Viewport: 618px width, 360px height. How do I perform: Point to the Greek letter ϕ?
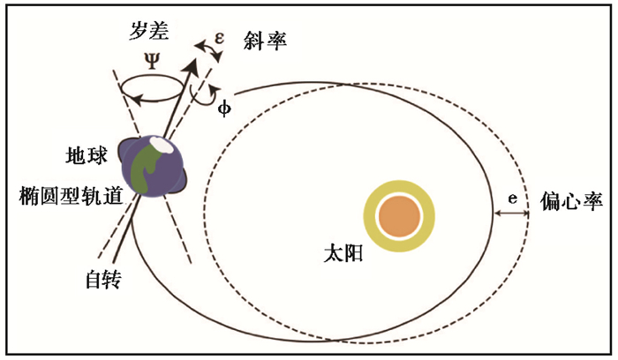point(223,107)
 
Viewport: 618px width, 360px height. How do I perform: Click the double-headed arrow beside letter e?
point(511,214)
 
